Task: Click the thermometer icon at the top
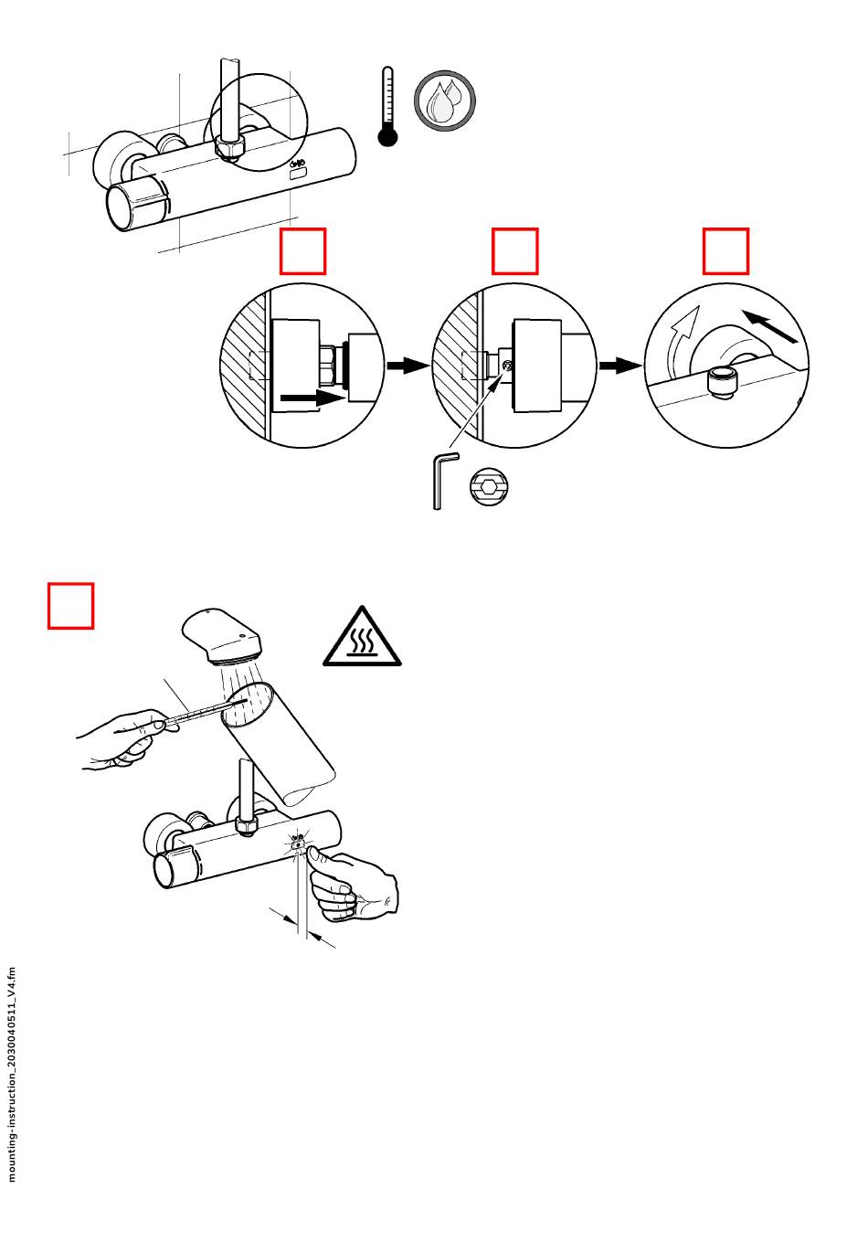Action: click(x=388, y=107)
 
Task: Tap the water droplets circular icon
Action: click(x=445, y=101)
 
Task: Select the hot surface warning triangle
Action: click(x=362, y=637)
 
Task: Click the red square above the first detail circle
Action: click(x=302, y=251)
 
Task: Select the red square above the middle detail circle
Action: click(x=514, y=251)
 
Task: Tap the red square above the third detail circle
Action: click(x=725, y=251)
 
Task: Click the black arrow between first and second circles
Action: click(x=408, y=366)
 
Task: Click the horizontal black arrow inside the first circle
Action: click(x=312, y=398)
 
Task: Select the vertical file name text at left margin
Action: click(x=12, y=1073)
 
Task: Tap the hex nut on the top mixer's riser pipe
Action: click(x=225, y=147)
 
